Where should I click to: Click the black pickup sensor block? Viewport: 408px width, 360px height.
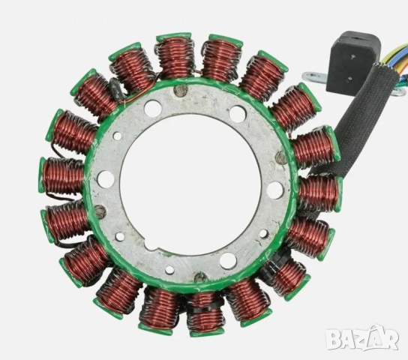349,59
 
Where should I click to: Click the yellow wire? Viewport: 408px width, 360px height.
395,52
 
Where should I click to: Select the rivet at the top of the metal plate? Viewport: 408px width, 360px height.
180,91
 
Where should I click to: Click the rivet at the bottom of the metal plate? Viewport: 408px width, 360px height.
199,277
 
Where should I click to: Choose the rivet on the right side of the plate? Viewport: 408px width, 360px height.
280,158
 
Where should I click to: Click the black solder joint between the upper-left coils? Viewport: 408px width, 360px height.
115,90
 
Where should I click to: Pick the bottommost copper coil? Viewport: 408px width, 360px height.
204,312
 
